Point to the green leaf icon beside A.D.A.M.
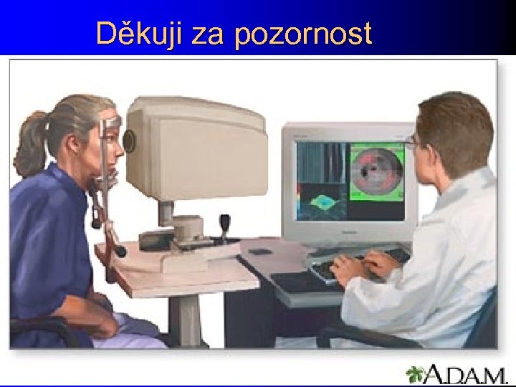pyautogui.click(x=416, y=373)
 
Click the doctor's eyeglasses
pyautogui.click(x=412, y=144)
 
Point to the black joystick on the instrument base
pyautogui.click(x=225, y=226)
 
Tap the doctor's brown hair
pyautogui.click(x=451, y=122)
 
